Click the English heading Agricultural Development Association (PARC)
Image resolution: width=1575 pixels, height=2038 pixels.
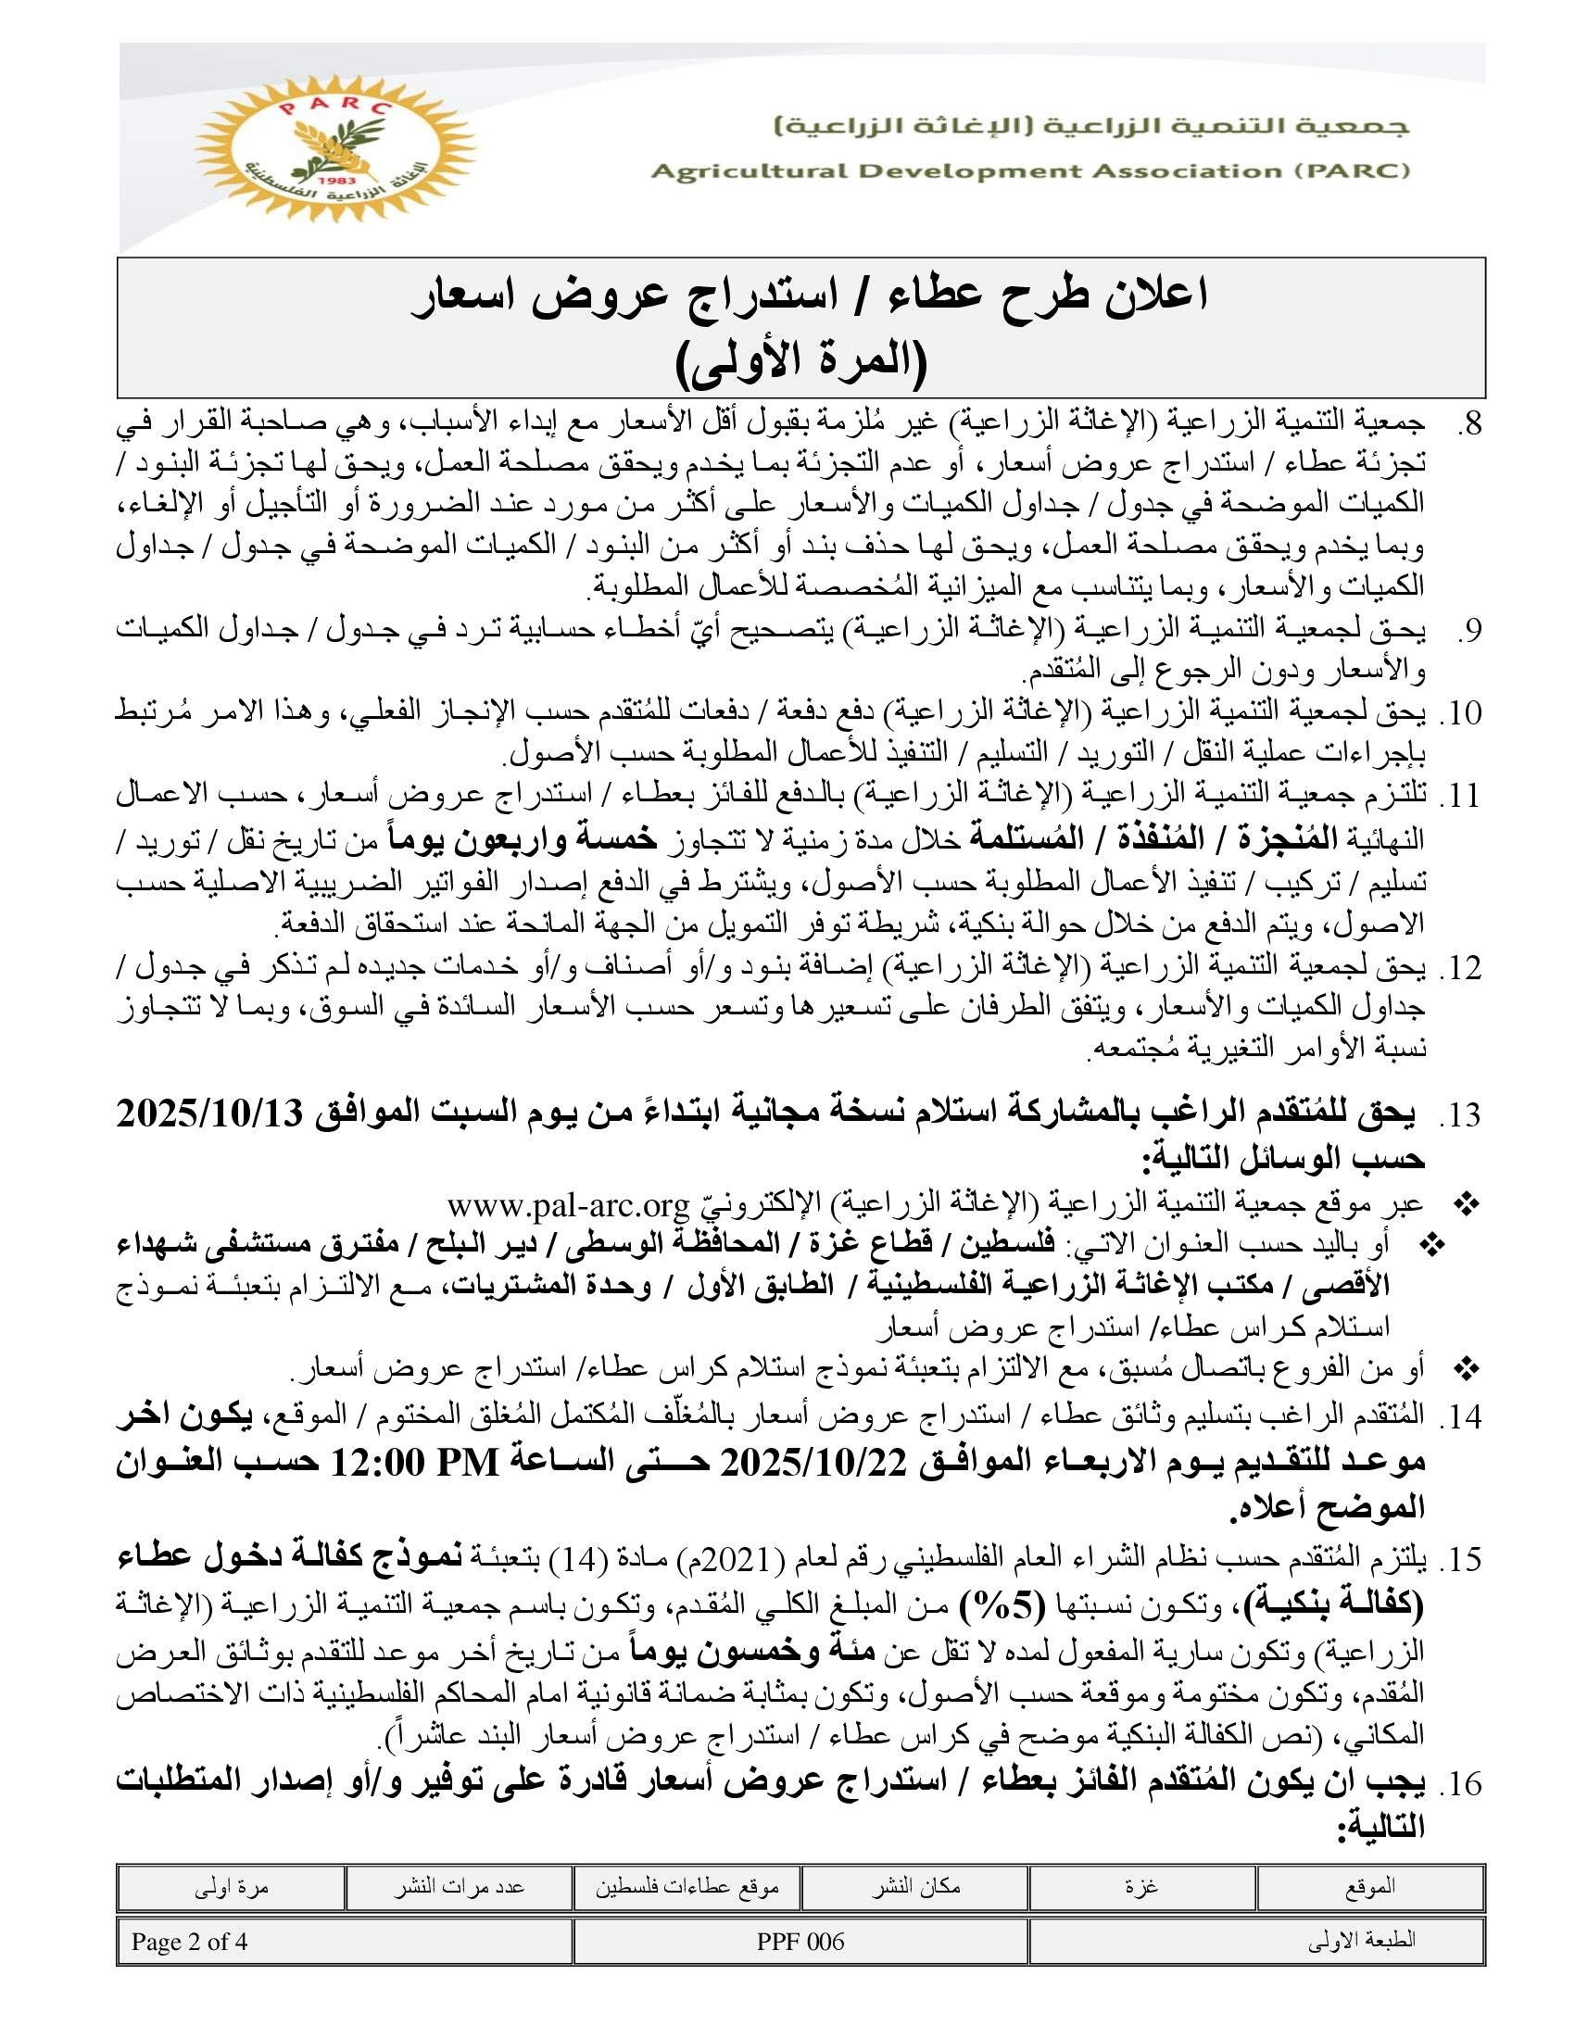pos(1030,171)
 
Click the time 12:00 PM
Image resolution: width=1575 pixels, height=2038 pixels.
pos(416,1462)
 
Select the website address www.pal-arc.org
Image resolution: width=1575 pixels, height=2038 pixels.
pos(567,1204)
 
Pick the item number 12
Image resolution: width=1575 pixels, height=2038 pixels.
pos(1461,968)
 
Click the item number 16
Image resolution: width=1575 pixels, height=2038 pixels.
pos(1461,1783)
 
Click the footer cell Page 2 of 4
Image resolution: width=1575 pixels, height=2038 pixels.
pos(189,1942)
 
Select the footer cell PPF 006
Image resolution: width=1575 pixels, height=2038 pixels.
pos(800,1942)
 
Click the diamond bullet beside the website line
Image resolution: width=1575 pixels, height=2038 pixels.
pos(1468,1205)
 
